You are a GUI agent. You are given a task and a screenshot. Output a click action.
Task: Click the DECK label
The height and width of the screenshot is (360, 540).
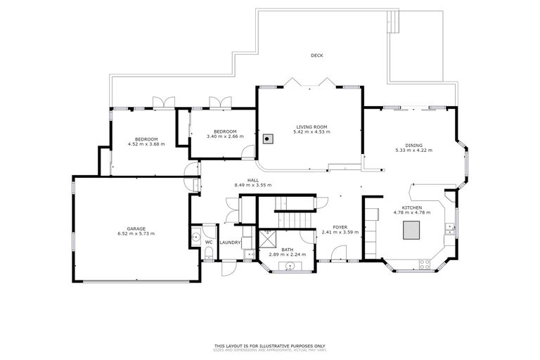(317, 56)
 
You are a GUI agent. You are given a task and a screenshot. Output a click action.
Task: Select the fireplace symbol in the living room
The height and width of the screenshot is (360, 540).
(267, 138)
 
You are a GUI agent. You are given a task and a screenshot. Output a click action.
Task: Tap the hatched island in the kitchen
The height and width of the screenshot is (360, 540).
(411, 230)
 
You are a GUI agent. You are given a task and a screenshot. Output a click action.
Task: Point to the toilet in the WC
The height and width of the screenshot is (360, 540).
(209, 252)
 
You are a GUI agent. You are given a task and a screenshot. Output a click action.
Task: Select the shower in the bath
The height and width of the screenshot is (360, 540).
(267, 237)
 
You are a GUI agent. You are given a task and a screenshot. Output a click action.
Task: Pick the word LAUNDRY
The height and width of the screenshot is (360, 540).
(230, 243)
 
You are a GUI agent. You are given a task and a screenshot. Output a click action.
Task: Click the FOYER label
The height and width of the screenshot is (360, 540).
(340, 227)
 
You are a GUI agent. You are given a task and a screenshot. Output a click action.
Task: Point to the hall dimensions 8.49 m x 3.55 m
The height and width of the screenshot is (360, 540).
(252, 185)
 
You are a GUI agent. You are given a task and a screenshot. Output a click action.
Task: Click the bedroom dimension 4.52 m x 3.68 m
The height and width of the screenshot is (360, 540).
(146, 144)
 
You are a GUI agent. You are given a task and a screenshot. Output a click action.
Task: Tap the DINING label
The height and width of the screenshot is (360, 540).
(413, 146)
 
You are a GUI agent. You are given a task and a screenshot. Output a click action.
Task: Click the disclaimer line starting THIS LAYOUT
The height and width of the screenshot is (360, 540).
(270, 346)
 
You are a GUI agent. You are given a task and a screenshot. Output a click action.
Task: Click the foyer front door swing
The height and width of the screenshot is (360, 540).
(339, 252)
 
